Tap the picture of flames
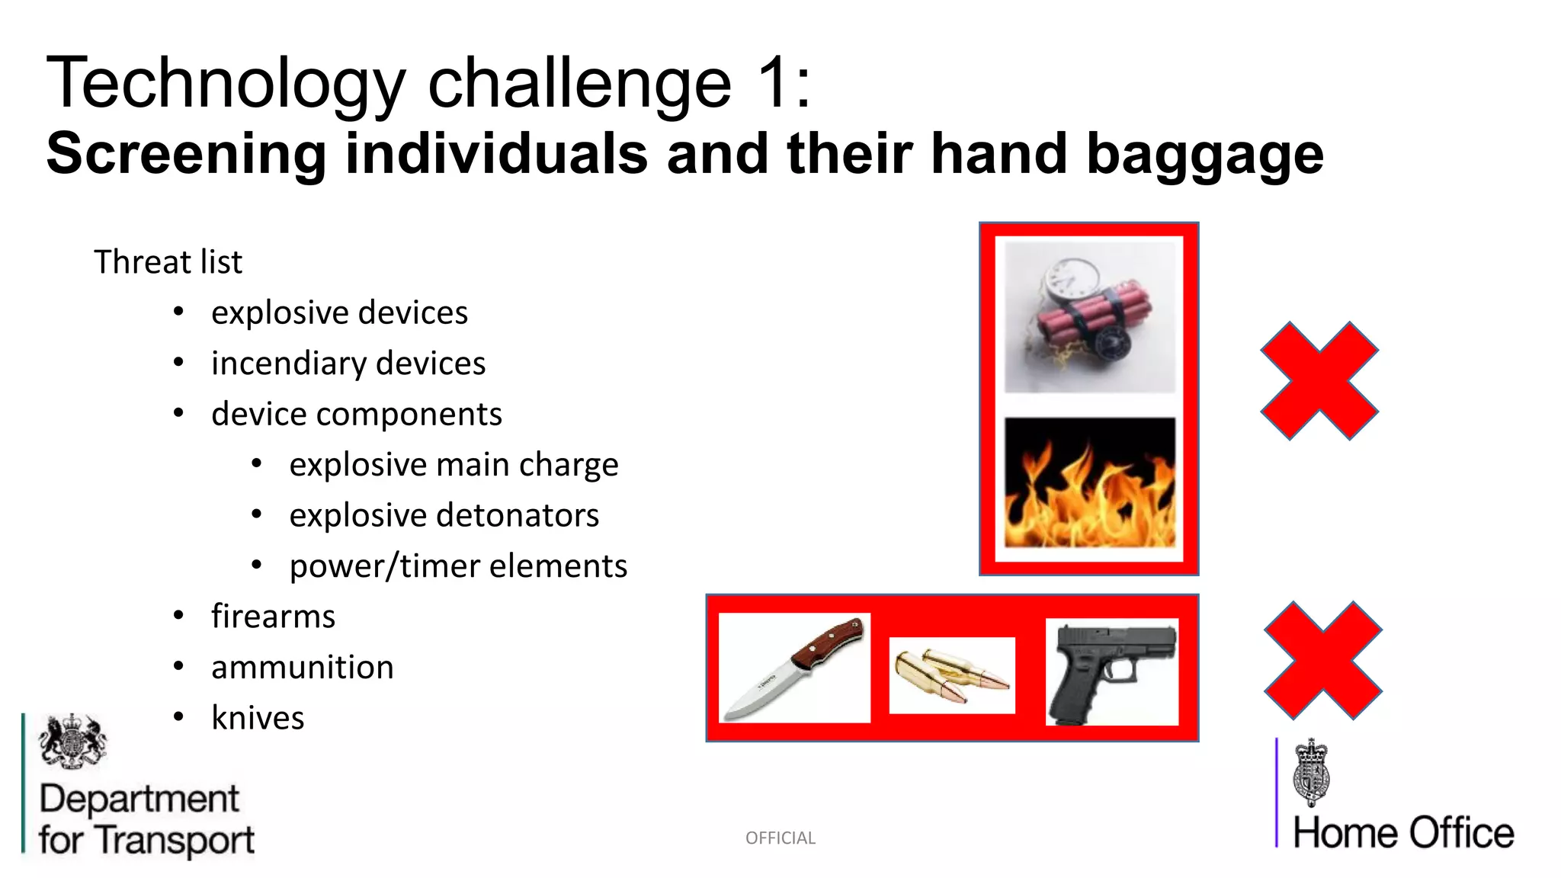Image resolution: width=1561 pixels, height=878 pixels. (x=1089, y=482)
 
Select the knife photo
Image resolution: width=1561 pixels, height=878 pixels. (x=794, y=668)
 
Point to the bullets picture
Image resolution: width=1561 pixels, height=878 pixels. (x=952, y=675)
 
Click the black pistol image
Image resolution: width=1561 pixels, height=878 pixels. (x=1111, y=671)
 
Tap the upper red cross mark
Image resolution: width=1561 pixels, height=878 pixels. (x=1319, y=380)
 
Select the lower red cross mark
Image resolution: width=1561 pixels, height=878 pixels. (x=1322, y=660)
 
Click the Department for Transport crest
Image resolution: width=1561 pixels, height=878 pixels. (x=72, y=741)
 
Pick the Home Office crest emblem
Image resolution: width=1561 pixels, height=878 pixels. (x=1311, y=772)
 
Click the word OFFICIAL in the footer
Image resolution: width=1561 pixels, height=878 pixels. (x=780, y=838)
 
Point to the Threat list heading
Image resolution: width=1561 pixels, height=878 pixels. (x=168, y=262)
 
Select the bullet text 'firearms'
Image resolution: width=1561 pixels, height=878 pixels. (x=273, y=617)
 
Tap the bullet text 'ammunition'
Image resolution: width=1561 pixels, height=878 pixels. (x=303, y=668)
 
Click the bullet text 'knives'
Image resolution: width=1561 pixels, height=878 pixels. (x=258, y=718)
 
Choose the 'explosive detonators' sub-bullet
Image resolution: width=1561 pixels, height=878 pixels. (x=444, y=516)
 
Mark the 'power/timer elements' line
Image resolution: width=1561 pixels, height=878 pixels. (x=458, y=566)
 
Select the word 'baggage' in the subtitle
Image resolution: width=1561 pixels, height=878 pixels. (x=1204, y=154)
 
